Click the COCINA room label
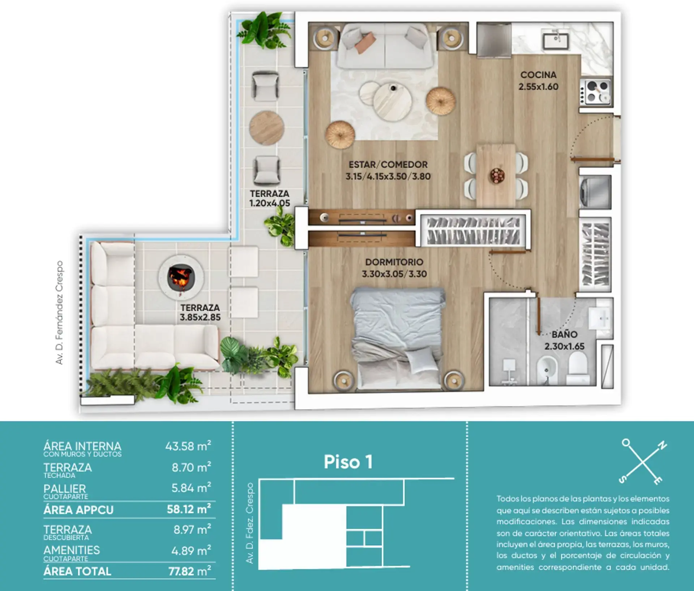pyautogui.click(x=538, y=75)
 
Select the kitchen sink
pyautogui.click(x=556, y=40)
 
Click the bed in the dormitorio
pyautogui.click(x=398, y=338)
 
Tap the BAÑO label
pyautogui.click(x=564, y=334)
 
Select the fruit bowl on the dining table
pyautogui.click(x=497, y=176)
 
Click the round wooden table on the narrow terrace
pyautogui.click(x=267, y=128)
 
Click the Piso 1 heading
pyautogui.click(x=348, y=462)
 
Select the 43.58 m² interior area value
pyautogui.click(x=188, y=446)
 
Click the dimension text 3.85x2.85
pyautogui.click(x=200, y=317)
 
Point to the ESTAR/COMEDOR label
pyautogui.click(x=388, y=165)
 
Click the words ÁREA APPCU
pyautogui.click(x=78, y=510)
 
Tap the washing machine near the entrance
pyautogui.click(x=595, y=190)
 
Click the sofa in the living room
pyautogui.click(x=385, y=46)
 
